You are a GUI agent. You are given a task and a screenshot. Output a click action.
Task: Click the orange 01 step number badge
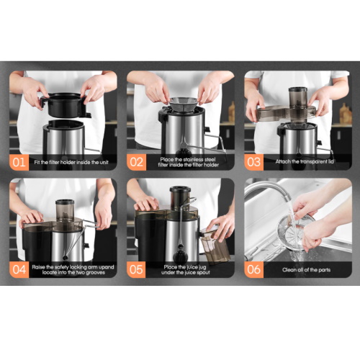[19, 162]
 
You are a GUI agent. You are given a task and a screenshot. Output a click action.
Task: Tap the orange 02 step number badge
[136, 162]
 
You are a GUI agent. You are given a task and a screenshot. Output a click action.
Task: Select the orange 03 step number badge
[253, 162]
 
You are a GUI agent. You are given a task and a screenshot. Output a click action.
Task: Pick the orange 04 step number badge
[19, 269]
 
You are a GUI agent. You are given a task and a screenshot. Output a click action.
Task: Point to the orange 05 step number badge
[136, 269]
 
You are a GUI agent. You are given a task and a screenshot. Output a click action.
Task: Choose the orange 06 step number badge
[253, 269]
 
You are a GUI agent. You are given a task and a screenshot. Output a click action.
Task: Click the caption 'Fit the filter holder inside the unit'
[71, 163]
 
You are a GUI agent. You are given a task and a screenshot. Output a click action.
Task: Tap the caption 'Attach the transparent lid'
[305, 162]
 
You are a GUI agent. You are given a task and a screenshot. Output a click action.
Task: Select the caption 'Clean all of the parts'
[306, 270]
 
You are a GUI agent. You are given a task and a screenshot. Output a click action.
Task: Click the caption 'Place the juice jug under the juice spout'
[186, 270]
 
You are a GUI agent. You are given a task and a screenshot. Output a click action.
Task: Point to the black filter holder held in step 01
[66, 105]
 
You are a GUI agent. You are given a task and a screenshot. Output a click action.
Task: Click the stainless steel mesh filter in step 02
[184, 104]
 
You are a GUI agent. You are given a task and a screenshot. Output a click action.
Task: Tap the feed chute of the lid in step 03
[298, 104]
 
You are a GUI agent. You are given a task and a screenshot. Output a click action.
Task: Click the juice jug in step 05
[215, 246]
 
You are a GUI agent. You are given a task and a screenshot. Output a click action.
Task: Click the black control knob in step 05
[180, 256]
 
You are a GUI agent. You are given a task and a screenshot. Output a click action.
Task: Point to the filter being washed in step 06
[296, 233]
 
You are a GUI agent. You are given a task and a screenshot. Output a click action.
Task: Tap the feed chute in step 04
[65, 210]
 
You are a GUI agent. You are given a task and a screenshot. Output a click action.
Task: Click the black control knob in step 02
[184, 153]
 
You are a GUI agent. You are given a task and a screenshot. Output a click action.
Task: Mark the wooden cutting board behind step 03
[346, 114]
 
